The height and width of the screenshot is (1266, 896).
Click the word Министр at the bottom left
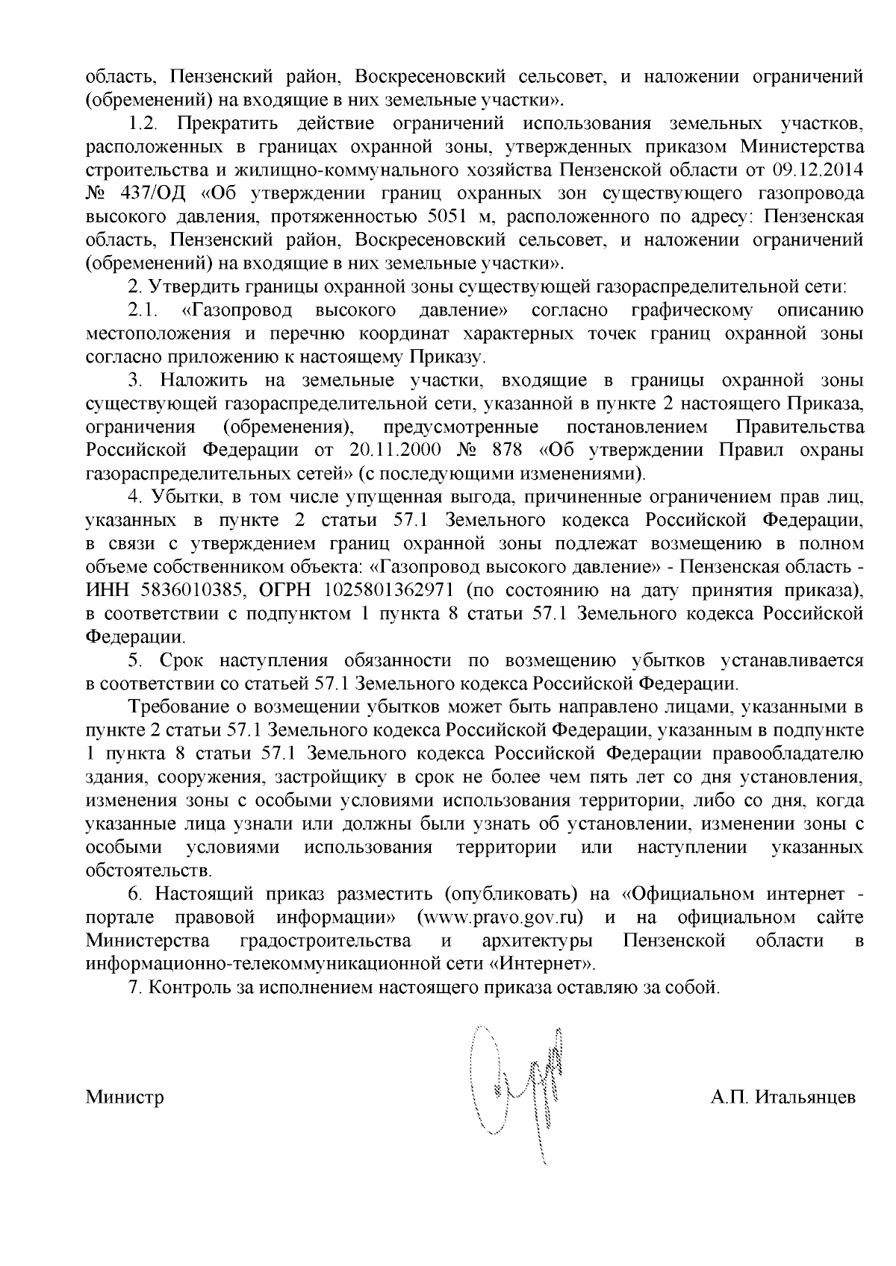coord(125,1097)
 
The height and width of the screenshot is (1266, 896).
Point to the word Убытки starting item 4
coord(180,497)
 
